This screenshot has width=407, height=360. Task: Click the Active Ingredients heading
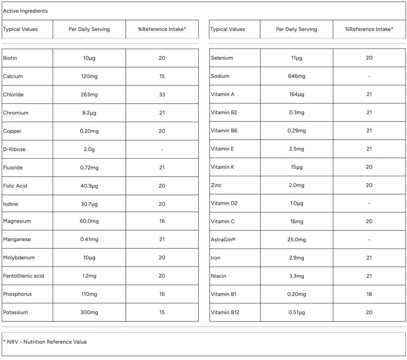click(x=25, y=11)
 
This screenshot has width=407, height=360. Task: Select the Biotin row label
click(x=10, y=58)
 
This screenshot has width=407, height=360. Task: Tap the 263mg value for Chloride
click(x=89, y=95)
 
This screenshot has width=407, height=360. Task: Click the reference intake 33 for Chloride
click(x=162, y=95)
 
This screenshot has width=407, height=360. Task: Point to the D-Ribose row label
click(x=14, y=149)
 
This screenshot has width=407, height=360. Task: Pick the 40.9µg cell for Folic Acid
click(x=89, y=186)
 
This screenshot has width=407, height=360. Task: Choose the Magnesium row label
click(x=17, y=221)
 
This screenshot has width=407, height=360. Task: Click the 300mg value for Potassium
click(x=89, y=312)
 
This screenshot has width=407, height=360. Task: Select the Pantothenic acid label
click(x=23, y=276)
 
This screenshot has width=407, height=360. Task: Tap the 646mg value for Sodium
click(x=296, y=76)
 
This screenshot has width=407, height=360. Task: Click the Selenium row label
click(x=222, y=58)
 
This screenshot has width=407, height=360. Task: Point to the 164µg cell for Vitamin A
click(x=296, y=94)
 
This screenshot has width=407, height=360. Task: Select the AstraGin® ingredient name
click(x=223, y=240)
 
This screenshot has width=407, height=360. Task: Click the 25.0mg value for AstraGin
click(x=296, y=240)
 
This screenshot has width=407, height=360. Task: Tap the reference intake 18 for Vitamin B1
click(x=369, y=294)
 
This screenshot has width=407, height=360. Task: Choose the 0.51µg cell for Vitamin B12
click(x=296, y=312)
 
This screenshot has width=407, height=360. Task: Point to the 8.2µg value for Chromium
click(x=89, y=113)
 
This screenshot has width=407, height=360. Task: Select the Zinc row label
click(x=216, y=185)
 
